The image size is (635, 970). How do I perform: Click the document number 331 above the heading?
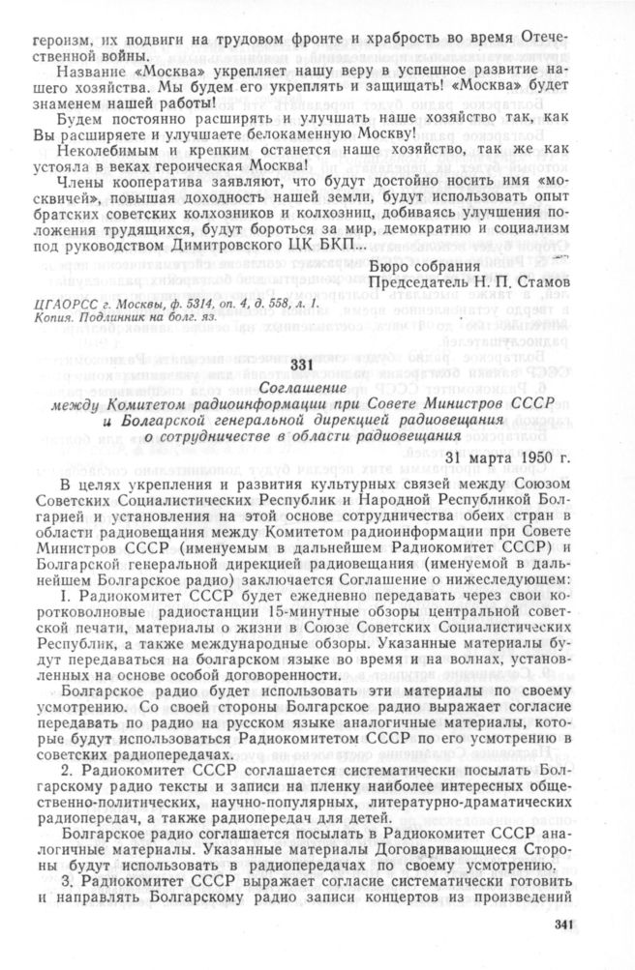pos(304,363)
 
